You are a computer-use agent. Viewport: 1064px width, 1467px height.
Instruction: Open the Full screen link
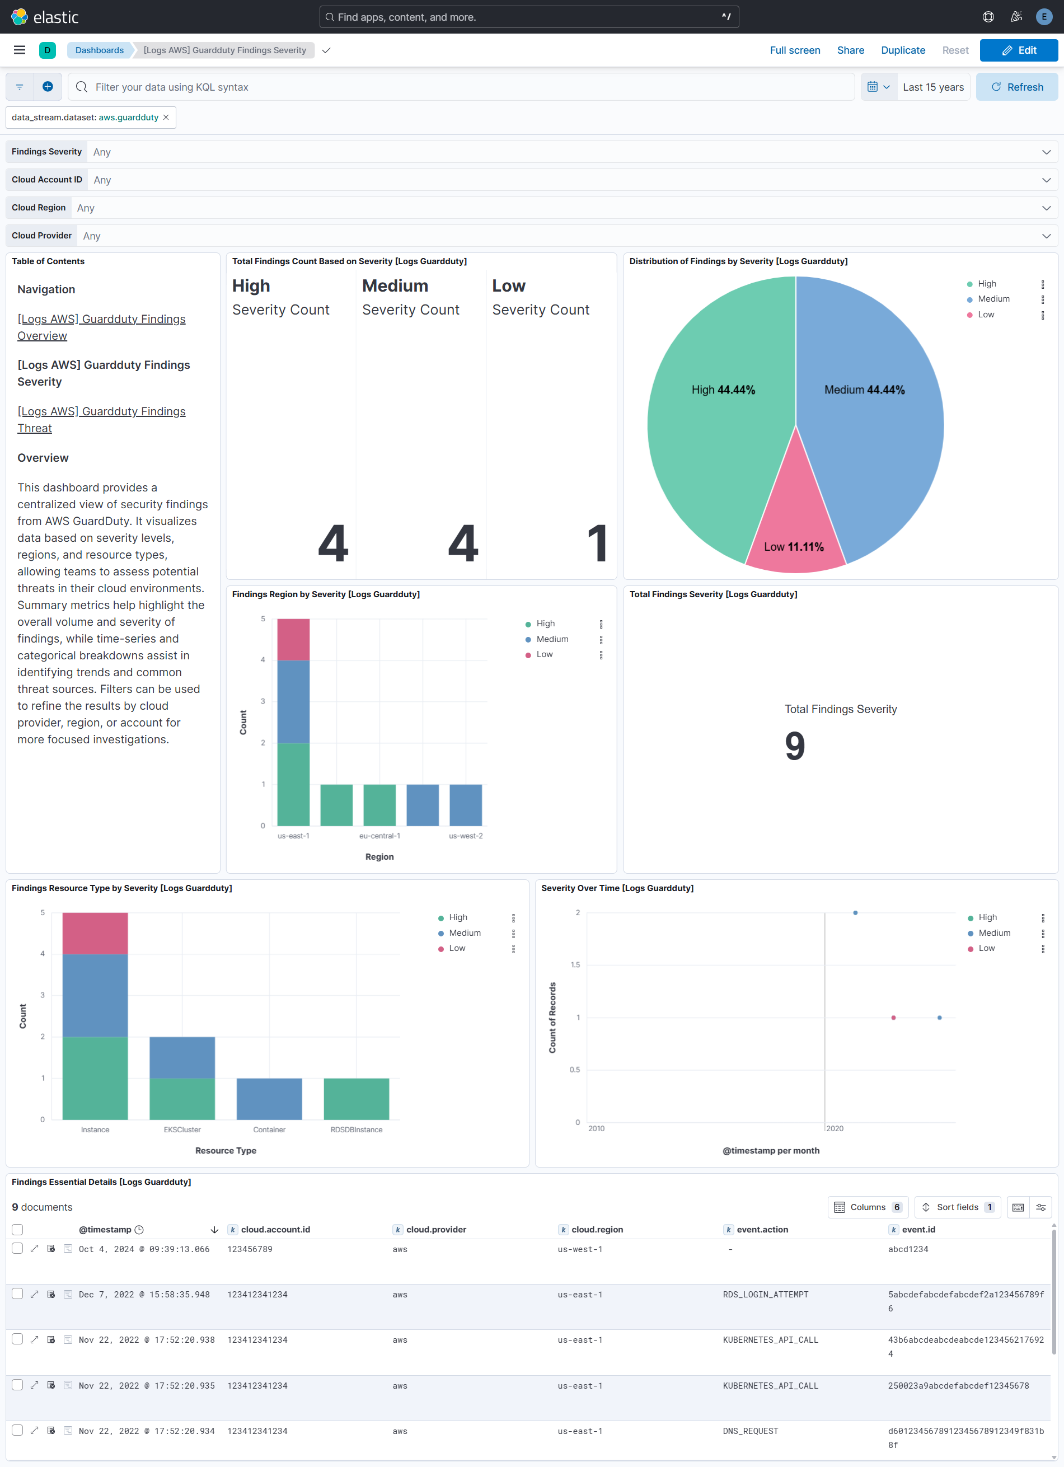[x=794, y=50]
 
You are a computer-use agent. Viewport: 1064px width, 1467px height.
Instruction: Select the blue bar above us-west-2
[x=465, y=805]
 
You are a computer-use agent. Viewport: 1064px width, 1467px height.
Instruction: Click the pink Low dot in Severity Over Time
[x=893, y=1018]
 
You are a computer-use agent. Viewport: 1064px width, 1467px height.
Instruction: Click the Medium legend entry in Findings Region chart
[x=552, y=639]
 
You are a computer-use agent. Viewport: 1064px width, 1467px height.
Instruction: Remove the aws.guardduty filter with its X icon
[x=166, y=118]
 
